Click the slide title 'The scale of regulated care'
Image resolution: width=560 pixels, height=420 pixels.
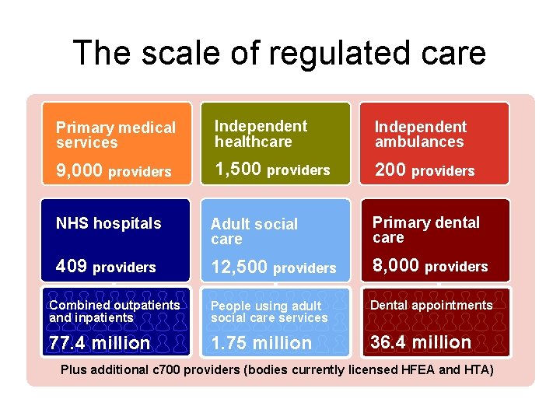(x=279, y=53)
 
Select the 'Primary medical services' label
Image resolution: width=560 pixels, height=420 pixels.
(x=115, y=135)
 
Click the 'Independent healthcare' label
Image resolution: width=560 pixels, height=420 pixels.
(x=260, y=134)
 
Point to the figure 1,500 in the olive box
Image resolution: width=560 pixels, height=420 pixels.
(x=237, y=170)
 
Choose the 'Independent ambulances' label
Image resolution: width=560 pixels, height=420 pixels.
(x=420, y=134)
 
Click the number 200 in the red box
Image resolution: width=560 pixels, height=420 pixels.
(x=390, y=170)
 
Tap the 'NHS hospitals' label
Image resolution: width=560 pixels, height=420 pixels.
(x=108, y=223)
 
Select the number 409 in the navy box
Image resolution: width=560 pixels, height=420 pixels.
(x=72, y=267)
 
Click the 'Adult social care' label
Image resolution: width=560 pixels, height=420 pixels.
(x=254, y=231)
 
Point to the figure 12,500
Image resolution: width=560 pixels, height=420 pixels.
(x=239, y=268)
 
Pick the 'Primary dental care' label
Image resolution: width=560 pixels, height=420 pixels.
(x=425, y=229)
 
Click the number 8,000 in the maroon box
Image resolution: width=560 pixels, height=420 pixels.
(x=396, y=266)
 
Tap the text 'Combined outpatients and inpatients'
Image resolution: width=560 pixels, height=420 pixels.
(x=114, y=311)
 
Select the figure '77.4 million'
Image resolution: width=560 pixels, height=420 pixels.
(x=99, y=343)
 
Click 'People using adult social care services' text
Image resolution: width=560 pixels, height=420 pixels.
(x=269, y=312)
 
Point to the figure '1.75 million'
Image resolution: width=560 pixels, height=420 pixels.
(x=261, y=343)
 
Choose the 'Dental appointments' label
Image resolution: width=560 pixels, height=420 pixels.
(x=431, y=306)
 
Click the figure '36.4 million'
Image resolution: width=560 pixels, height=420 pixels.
(x=420, y=342)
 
